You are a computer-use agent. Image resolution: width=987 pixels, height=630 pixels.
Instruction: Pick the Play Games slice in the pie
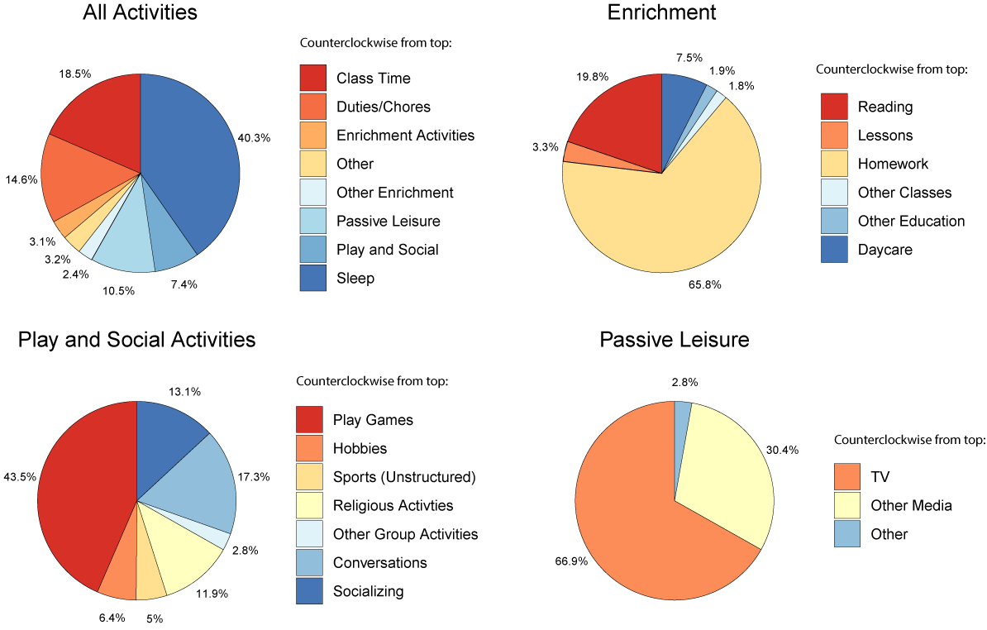click(x=83, y=496)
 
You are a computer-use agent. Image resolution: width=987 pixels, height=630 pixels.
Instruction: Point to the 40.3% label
click(x=253, y=137)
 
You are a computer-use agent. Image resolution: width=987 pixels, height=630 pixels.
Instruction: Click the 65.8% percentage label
click(x=704, y=284)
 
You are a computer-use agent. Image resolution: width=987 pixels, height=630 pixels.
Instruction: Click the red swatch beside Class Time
click(x=312, y=79)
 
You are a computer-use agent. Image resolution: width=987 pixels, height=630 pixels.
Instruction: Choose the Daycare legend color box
click(x=834, y=249)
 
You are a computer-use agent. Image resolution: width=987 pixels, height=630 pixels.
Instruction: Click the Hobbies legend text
click(x=360, y=448)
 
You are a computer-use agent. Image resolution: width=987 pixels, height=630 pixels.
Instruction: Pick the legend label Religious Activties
click(x=393, y=505)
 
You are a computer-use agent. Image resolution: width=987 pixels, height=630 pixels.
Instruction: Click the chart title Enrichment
click(x=661, y=12)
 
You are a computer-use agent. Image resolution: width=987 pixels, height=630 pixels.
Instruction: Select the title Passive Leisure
click(x=675, y=340)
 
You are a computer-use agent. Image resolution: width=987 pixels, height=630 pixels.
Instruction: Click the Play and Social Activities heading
click(x=136, y=340)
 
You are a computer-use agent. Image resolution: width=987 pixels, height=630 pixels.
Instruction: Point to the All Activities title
click(x=141, y=12)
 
